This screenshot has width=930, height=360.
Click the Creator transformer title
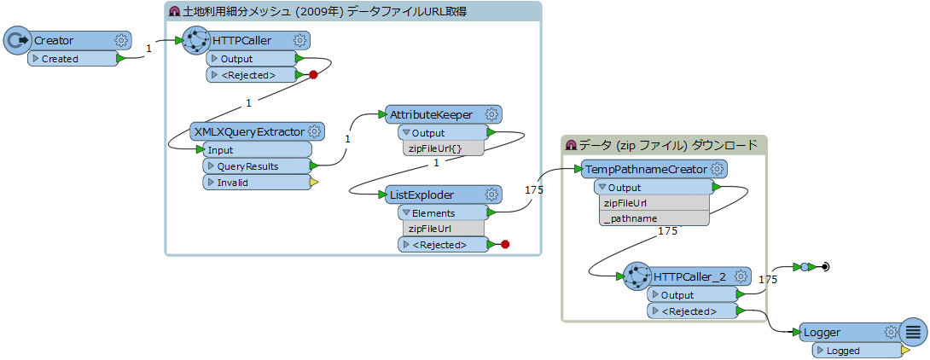(54, 40)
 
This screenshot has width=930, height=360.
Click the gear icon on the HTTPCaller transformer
(300, 40)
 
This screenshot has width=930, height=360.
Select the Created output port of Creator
(60, 59)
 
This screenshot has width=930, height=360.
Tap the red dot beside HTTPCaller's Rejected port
(313, 75)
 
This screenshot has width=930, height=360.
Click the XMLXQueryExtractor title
(249, 131)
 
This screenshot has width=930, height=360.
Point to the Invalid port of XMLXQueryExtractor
(232, 183)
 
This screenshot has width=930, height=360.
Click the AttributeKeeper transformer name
(431, 113)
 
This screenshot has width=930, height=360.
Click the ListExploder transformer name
(422, 195)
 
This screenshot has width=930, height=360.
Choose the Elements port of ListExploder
(433, 212)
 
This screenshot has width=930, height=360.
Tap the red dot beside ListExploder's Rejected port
(505, 245)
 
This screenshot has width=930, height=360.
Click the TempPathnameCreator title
(645, 169)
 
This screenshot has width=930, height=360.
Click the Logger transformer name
(822, 332)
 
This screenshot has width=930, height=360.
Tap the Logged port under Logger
(843, 351)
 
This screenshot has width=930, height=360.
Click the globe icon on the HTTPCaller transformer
(197, 40)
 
